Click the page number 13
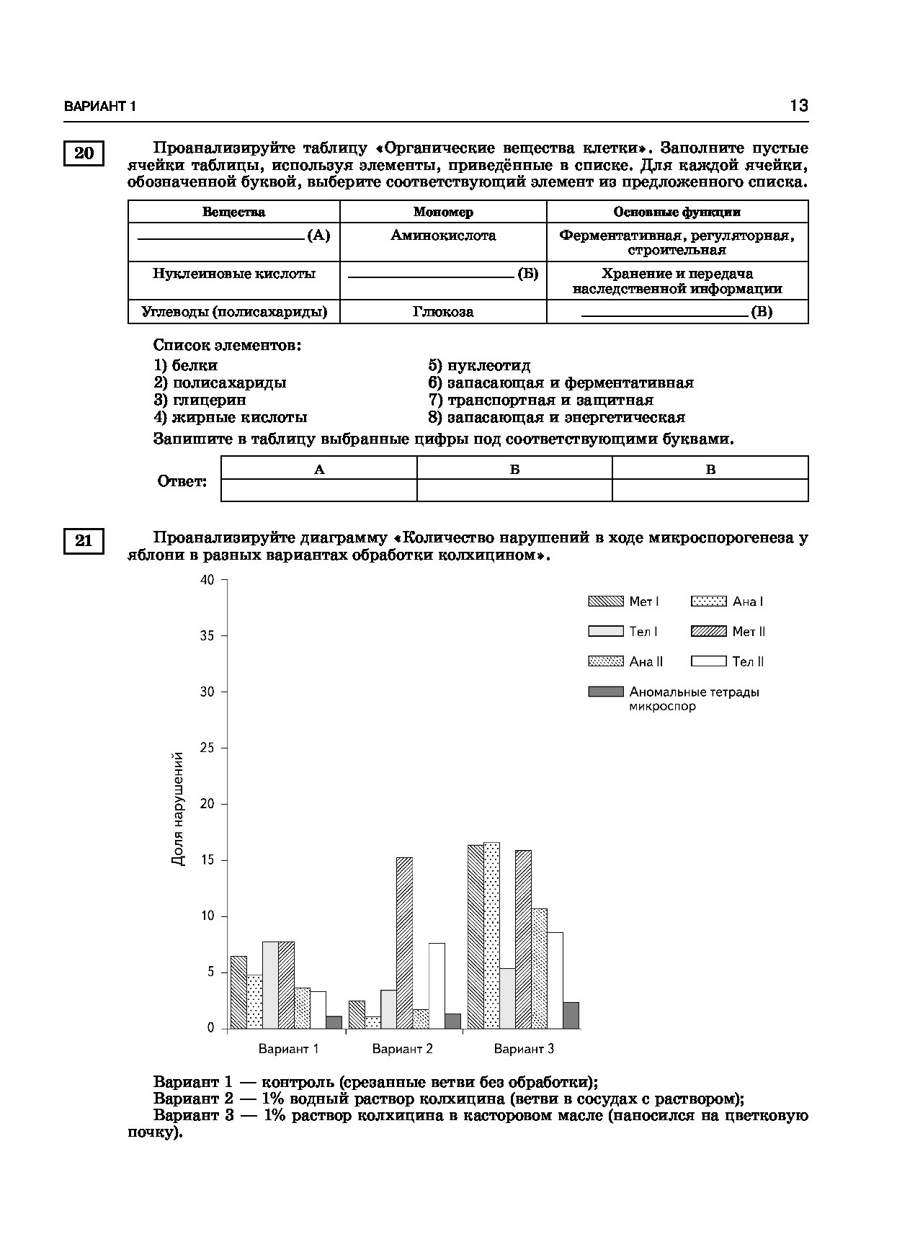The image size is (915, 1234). click(x=798, y=106)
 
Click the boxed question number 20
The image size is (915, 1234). click(x=84, y=153)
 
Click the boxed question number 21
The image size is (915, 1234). click(x=84, y=540)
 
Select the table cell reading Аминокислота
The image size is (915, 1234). click(x=443, y=236)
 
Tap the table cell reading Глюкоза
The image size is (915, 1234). click(x=443, y=312)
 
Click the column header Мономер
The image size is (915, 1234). click(x=443, y=212)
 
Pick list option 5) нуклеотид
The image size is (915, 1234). click(x=479, y=366)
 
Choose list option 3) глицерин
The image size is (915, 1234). click(x=200, y=400)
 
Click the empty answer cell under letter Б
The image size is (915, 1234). click(x=514, y=491)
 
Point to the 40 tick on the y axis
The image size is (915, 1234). click(x=207, y=580)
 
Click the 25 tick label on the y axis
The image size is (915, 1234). click(x=207, y=748)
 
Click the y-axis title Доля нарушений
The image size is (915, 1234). click(x=178, y=808)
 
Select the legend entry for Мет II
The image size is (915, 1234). click(x=728, y=632)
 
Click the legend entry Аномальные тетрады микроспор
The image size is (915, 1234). click(x=674, y=698)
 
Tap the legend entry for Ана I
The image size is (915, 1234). click(x=728, y=602)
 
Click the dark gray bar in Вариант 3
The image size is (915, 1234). click(x=571, y=1015)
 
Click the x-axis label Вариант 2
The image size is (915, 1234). click(x=402, y=1049)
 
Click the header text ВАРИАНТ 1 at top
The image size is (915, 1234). click(x=100, y=107)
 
